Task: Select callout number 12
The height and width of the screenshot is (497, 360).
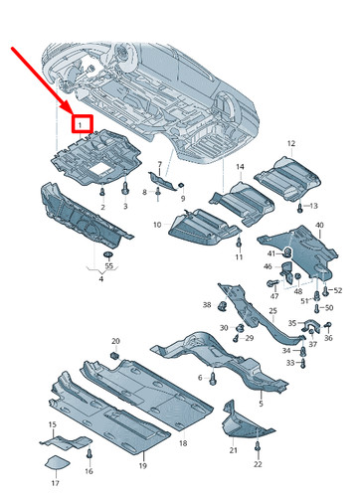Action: (x=291, y=145)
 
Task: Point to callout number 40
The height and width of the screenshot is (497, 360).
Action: (x=319, y=226)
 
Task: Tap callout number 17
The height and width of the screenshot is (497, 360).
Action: (x=56, y=483)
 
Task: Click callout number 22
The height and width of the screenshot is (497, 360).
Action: (x=258, y=464)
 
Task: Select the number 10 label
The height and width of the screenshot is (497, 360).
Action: (x=157, y=227)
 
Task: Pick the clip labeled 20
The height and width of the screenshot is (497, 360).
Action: (x=114, y=354)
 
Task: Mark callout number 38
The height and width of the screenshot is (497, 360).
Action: (x=207, y=304)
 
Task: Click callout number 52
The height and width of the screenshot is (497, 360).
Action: (x=336, y=289)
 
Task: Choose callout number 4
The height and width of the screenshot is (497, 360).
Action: (x=100, y=280)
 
